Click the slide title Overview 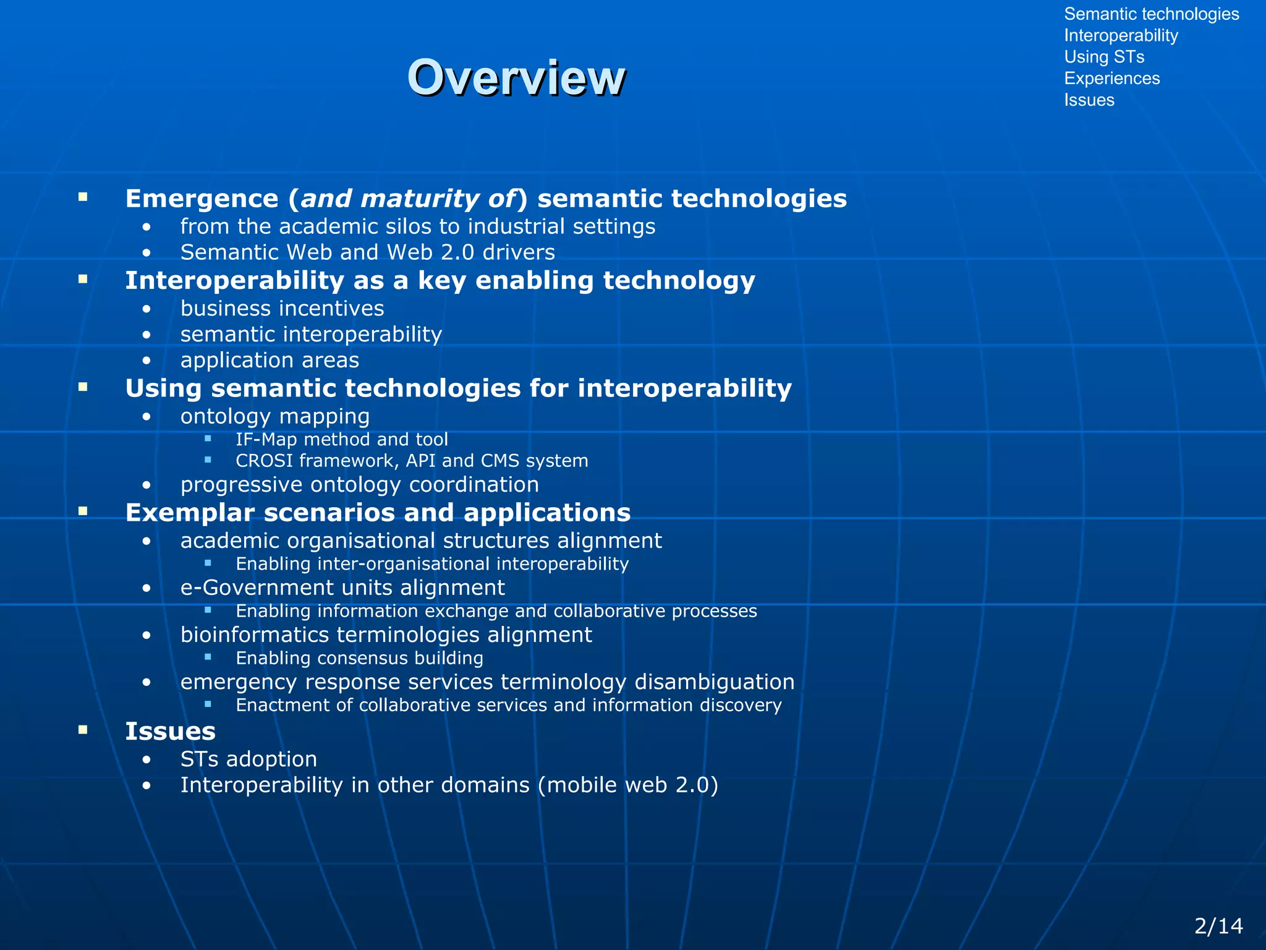tap(516, 78)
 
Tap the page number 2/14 tap(1218, 926)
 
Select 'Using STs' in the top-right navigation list tap(1104, 57)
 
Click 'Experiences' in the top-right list tap(1111, 79)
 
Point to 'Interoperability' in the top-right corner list tap(1121, 35)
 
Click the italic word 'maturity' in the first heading tap(419, 199)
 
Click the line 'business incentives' tap(282, 309)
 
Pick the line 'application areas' tap(270, 360)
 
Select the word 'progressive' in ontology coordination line tap(242, 485)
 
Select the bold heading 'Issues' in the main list tap(170, 732)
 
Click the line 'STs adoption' tap(249, 760)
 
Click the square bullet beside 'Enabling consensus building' tap(208, 657)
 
